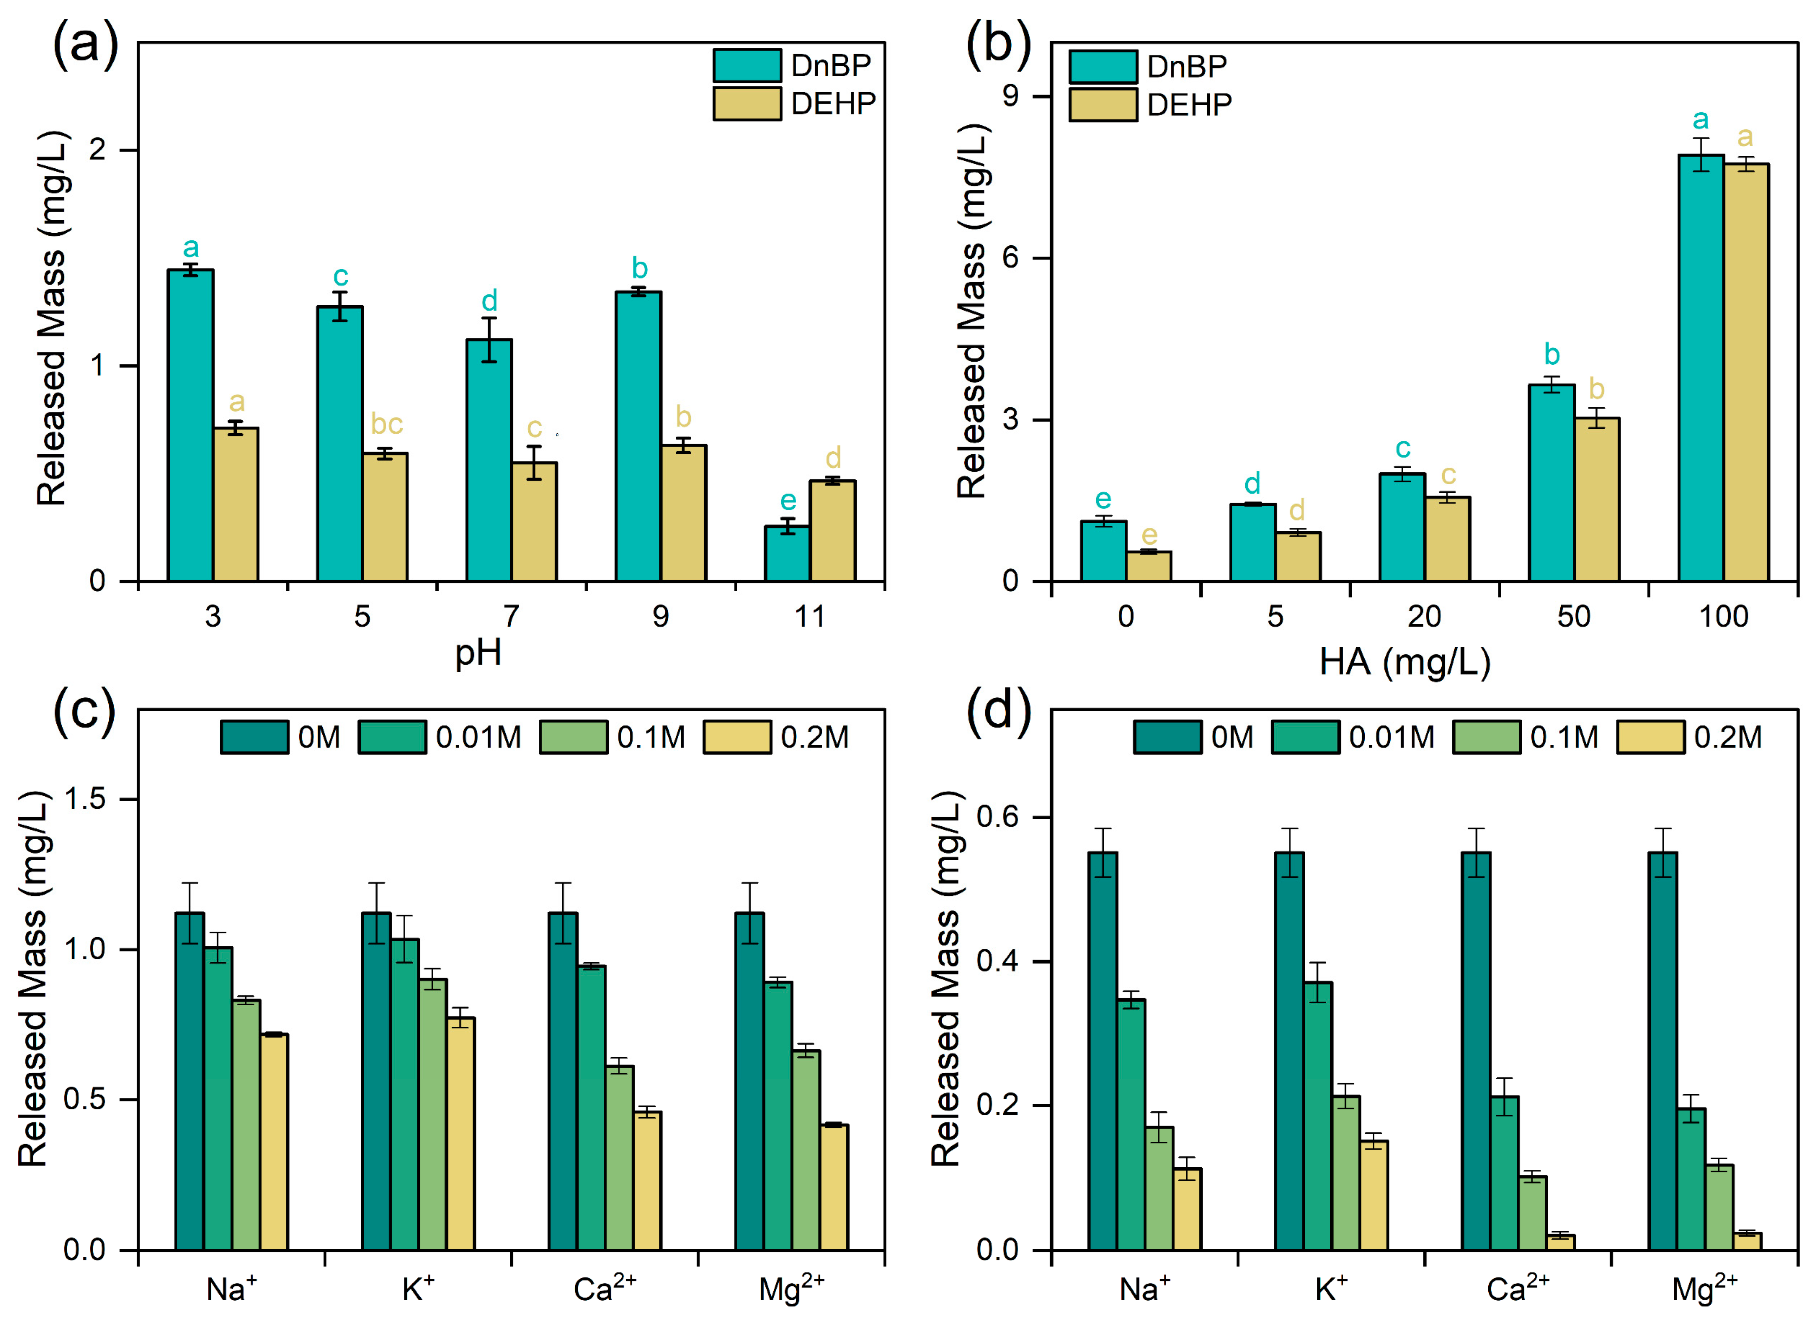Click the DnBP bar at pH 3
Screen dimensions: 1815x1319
tap(191, 425)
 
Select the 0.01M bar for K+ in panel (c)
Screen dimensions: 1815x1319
tap(405, 1094)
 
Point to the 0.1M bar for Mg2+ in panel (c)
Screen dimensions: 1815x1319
tap(806, 1150)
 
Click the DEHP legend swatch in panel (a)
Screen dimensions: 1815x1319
tap(747, 103)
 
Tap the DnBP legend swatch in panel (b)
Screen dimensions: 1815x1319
tap(1103, 66)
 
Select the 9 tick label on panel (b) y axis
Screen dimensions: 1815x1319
tap(1010, 96)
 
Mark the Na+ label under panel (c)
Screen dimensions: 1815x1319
tap(231, 1289)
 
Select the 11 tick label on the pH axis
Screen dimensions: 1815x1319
tap(809, 616)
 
